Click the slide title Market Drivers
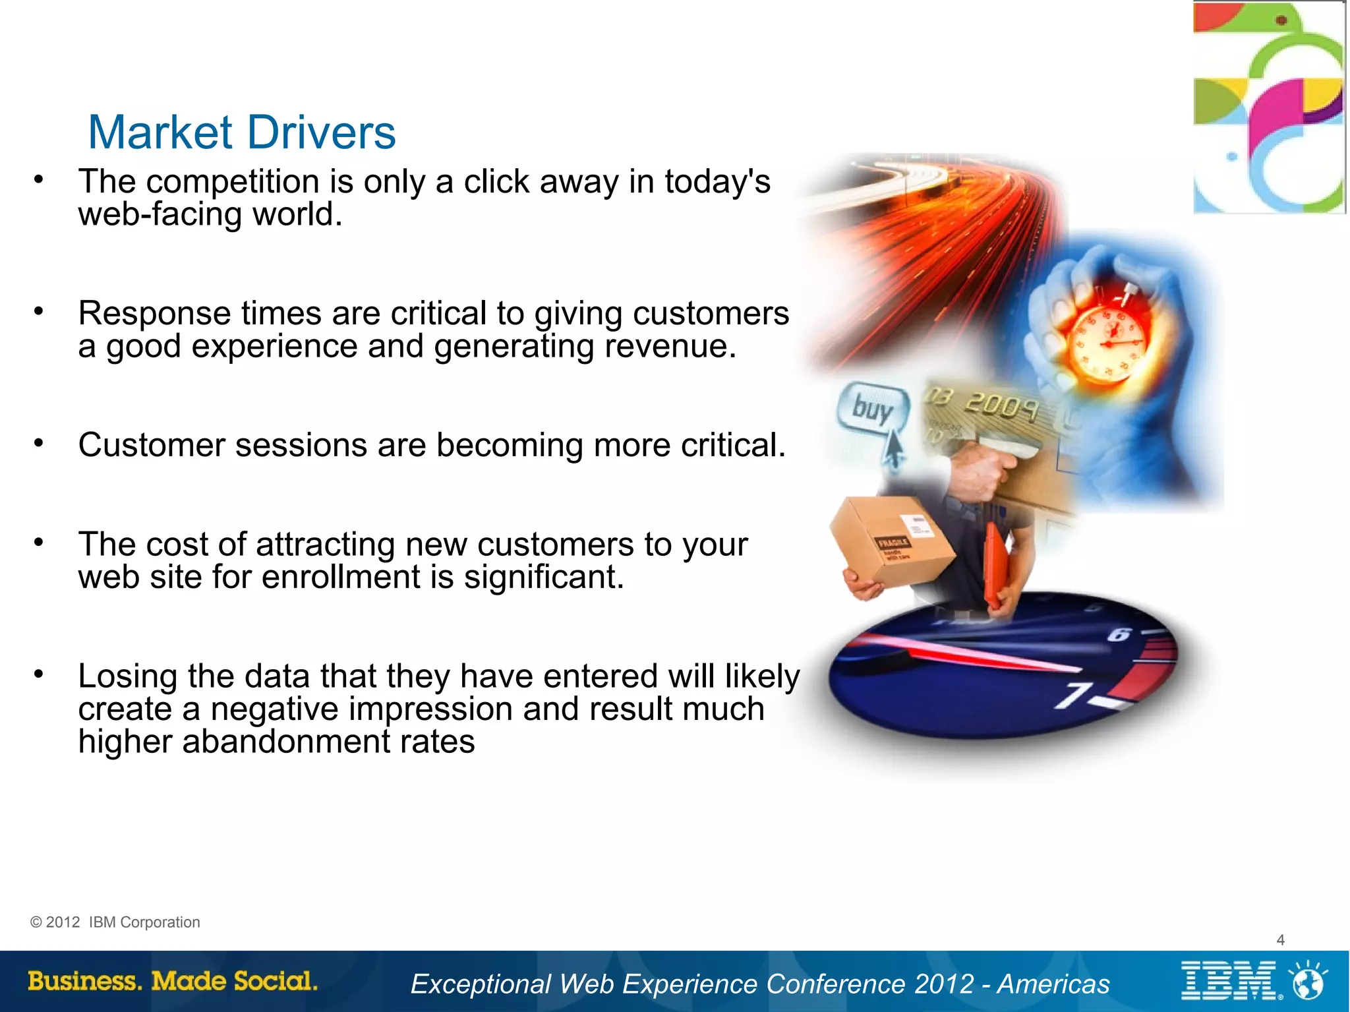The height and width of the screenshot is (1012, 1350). tap(242, 133)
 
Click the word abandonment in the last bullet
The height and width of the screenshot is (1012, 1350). tap(286, 742)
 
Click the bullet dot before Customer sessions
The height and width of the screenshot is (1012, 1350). tap(39, 443)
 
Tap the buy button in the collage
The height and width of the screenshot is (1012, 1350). tap(872, 409)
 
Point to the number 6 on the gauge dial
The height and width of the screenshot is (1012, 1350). tap(1119, 635)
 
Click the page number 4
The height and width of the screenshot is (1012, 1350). tap(1280, 939)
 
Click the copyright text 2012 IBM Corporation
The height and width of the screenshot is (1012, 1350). tap(115, 922)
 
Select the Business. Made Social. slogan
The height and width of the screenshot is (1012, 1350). tap(173, 981)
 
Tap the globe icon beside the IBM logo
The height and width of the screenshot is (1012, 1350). tap(1308, 981)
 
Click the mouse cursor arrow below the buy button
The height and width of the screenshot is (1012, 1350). tap(893, 448)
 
